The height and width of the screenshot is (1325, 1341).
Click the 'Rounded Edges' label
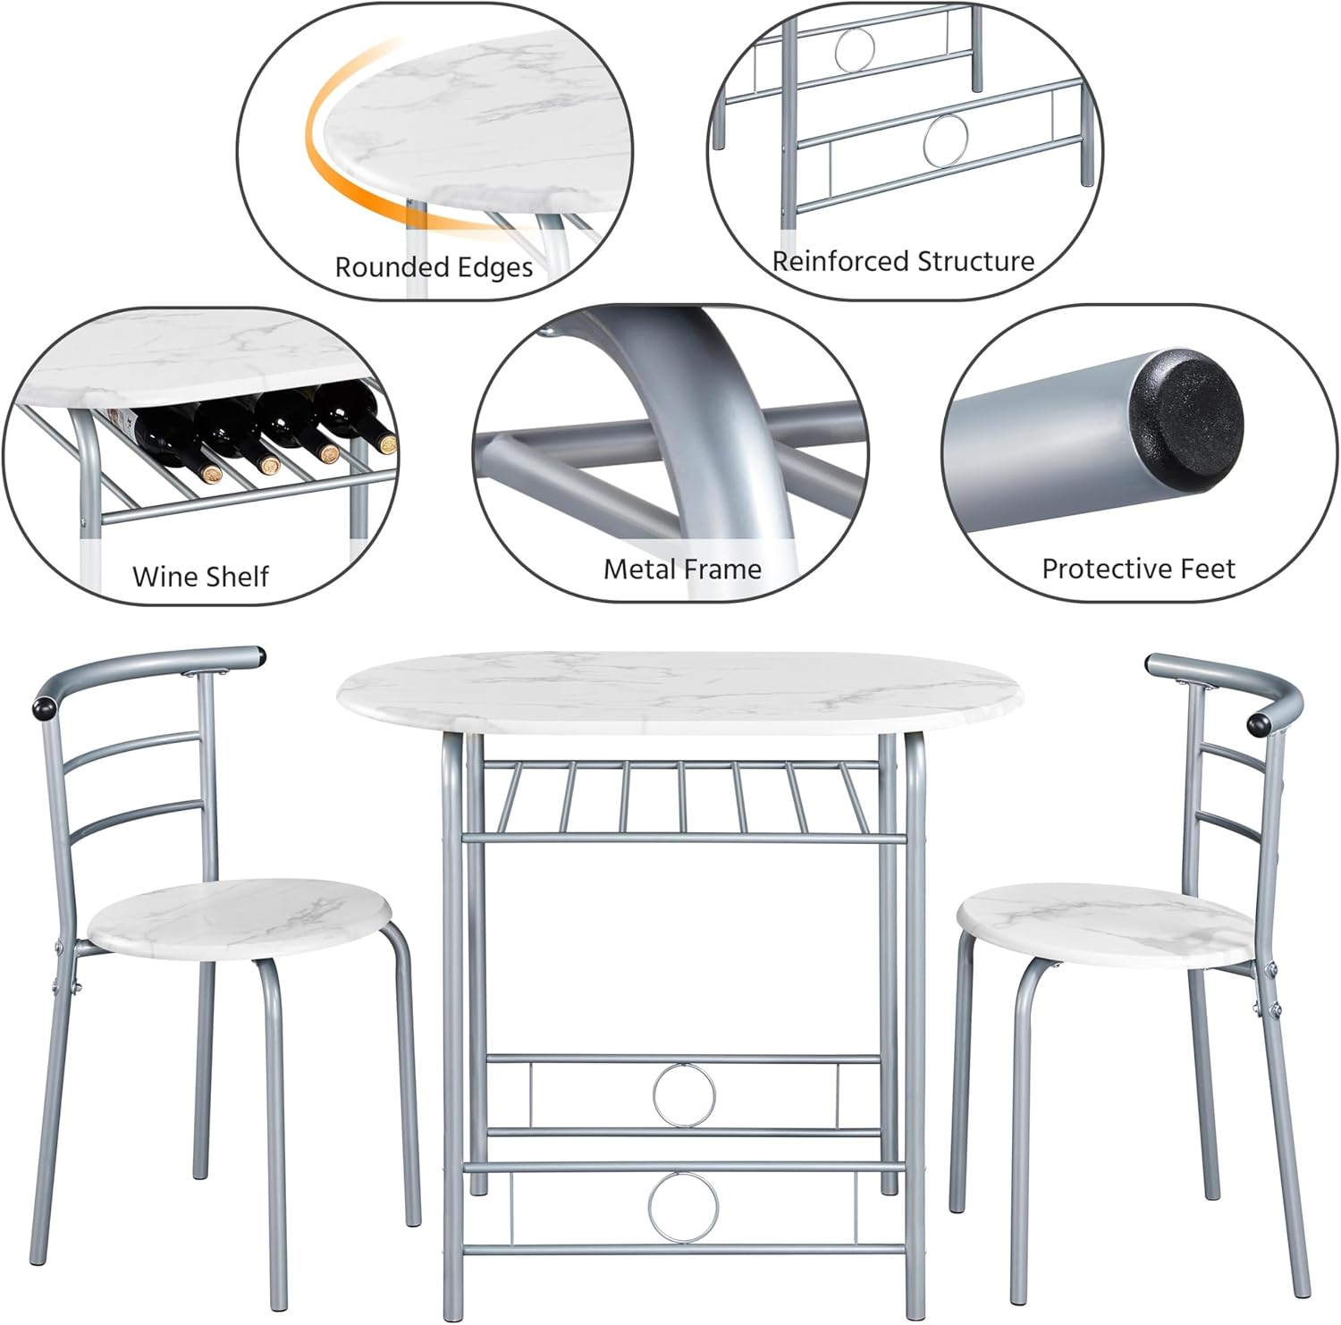point(434,267)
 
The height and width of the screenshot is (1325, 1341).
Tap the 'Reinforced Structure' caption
point(903,261)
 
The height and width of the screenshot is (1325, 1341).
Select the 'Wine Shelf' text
point(200,577)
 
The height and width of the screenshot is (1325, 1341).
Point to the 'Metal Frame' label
point(682,569)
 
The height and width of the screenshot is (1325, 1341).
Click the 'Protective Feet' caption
point(1138,569)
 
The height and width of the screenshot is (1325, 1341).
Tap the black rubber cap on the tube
point(1185,408)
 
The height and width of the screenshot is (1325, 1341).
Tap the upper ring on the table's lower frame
point(684,1094)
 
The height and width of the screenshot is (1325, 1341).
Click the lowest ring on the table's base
point(684,1207)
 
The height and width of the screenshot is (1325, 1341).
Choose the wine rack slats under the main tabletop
point(679,796)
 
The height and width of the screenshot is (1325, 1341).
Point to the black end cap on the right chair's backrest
point(1259,722)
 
